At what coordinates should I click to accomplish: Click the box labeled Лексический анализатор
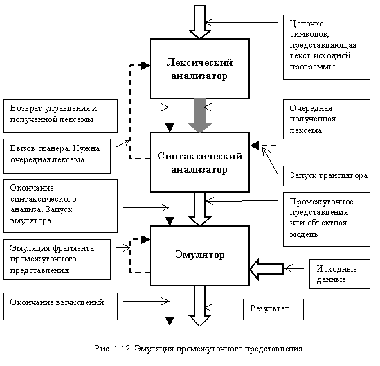tap(200, 69)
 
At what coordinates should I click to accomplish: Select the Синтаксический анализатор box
tap(200, 162)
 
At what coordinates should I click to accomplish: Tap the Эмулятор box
tap(200, 256)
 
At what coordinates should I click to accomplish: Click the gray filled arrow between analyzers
tap(200, 116)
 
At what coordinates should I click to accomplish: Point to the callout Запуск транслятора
tap(330, 176)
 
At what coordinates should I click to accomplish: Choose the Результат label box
tap(273, 309)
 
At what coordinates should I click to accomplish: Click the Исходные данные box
tap(340, 274)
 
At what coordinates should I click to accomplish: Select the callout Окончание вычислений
tap(61, 306)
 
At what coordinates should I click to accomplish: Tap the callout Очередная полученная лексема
tap(327, 119)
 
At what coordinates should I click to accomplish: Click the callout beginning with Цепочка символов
tap(327, 47)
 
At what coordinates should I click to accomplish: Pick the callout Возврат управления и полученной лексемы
tap(61, 116)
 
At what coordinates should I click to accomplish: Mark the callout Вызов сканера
tap(57, 156)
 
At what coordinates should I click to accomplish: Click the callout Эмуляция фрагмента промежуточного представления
tap(57, 259)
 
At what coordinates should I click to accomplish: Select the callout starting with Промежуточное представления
tap(327, 220)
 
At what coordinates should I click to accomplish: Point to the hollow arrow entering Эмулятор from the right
tap(266, 269)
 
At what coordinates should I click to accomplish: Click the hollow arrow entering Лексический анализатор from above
tap(200, 22)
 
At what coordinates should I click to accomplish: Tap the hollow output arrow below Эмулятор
tap(200, 306)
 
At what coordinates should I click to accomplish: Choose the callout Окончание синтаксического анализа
tap(61, 206)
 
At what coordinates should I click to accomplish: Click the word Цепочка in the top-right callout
tap(307, 24)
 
